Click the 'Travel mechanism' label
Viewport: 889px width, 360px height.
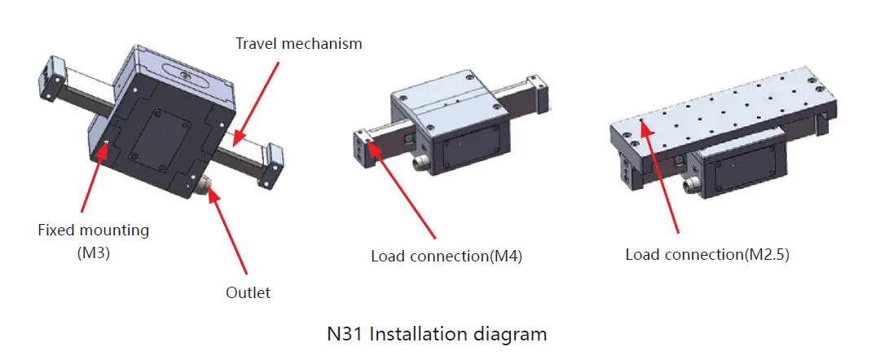click(x=298, y=43)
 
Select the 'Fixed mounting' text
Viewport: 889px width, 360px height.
click(x=94, y=230)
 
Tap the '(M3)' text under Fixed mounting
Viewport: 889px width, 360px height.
click(x=94, y=252)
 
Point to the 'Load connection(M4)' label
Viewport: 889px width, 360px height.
click(x=446, y=256)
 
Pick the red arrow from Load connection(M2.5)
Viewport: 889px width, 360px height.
click(x=661, y=179)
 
